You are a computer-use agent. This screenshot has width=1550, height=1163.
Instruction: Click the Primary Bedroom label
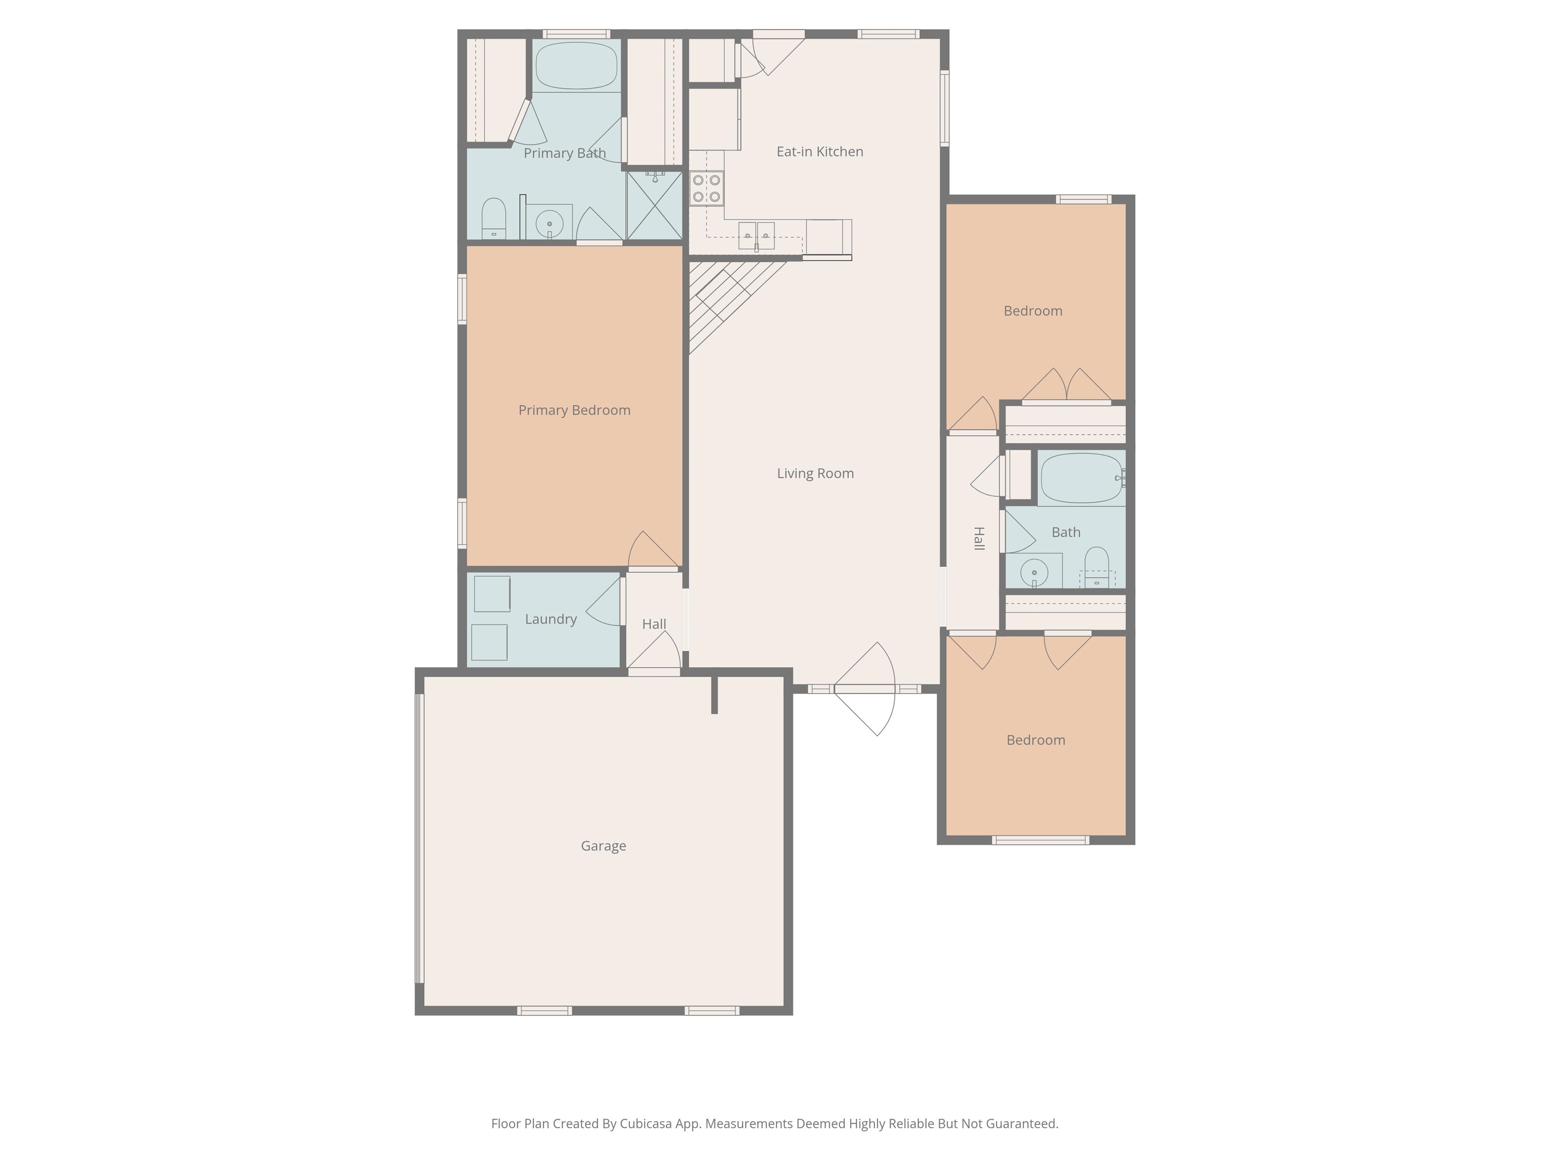coord(574,410)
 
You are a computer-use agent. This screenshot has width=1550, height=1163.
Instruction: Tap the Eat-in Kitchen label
coord(819,151)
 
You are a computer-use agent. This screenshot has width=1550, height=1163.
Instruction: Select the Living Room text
coord(815,473)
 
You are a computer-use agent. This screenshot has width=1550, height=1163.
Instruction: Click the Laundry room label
coord(551,619)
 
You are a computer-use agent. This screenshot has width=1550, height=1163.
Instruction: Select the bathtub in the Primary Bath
coord(576,65)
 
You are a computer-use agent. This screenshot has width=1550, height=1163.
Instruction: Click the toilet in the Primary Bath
coord(494,218)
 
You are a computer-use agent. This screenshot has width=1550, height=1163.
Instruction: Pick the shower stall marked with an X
coord(654,205)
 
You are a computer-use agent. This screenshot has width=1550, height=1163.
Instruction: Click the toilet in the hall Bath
coord(1096,566)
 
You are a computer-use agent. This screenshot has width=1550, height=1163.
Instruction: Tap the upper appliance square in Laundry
coord(491,594)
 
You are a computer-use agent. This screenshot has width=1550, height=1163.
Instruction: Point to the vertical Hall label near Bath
coord(979,539)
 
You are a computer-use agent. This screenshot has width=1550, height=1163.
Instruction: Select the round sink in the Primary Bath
coord(549,224)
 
